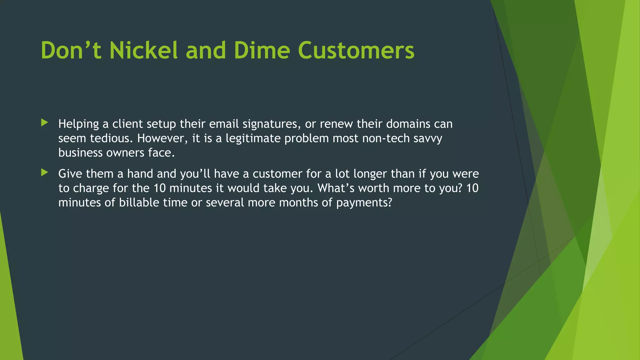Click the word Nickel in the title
[x=143, y=50]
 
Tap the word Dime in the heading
[x=262, y=50]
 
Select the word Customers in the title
[x=356, y=50]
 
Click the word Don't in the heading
[x=71, y=50]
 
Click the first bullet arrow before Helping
[x=45, y=123]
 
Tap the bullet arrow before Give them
[x=45, y=172]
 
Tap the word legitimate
[x=253, y=138]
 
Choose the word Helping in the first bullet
[x=79, y=124]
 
